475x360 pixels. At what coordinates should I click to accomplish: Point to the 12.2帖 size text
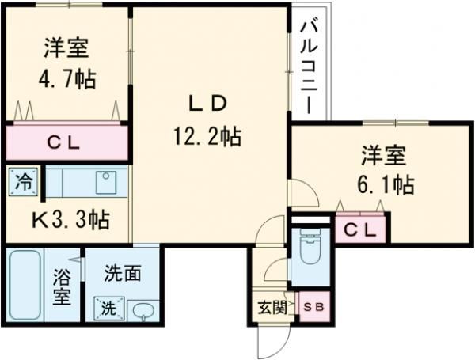(x=207, y=136)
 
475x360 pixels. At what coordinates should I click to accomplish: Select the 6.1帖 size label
(x=386, y=185)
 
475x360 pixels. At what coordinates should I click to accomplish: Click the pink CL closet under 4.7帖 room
(x=66, y=143)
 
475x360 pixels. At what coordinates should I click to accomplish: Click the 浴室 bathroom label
(x=63, y=289)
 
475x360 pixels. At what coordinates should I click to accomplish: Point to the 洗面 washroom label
(x=123, y=275)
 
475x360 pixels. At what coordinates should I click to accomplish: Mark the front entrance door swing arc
(x=270, y=342)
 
